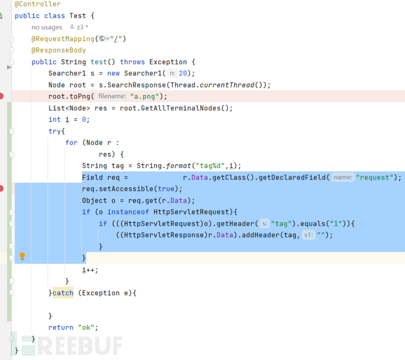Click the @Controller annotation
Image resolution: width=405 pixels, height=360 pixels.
[37, 4]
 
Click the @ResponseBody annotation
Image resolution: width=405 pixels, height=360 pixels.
[59, 50]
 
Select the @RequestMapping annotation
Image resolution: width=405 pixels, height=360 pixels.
[63, 39]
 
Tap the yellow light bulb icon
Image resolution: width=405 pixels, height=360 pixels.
[22, 256]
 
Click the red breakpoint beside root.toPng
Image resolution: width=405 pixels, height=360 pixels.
[2, 96]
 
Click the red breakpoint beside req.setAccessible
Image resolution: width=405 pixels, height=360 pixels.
[2, 189]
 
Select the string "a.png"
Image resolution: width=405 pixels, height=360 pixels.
[148, 97]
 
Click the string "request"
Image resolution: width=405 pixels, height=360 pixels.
[378, 177]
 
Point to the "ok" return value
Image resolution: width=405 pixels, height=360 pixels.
[87, 327]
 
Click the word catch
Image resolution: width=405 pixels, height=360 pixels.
[63, 293]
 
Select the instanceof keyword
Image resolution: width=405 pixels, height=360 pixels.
[127, 212]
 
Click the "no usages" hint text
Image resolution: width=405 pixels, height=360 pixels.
[47, 27]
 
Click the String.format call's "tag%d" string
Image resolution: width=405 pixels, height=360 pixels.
[211, 166]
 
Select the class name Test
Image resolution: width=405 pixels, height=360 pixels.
[77, 16]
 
